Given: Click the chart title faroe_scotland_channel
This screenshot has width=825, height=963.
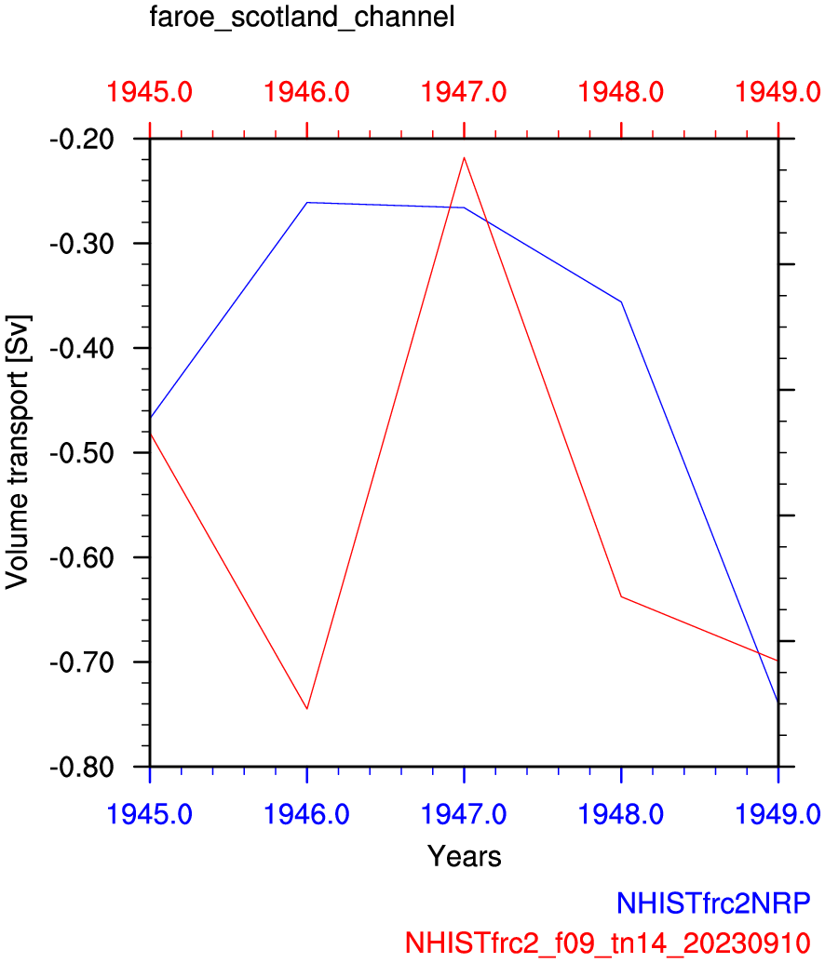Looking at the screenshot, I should click(x=301, y=18).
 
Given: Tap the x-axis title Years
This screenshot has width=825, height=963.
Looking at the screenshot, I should click(x=464, y=856).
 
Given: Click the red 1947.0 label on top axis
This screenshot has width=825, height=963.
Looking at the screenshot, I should click(x=464, y=92).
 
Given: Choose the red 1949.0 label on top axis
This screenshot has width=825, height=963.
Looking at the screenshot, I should click(x=778, y=92).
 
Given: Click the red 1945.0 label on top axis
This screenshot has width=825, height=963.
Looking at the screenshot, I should click(x=150, y=92).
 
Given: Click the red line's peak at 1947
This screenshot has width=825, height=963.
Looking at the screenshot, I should click(x=464, y=157).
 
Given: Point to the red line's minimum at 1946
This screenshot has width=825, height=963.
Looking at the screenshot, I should click(x=307, y=709).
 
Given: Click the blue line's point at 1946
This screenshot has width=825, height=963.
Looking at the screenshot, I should click(x=307, y=202).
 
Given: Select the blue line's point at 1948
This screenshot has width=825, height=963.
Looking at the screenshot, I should click(x=621, y=301).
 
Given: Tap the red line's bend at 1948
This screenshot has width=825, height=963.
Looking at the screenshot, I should click(x=621, y=596).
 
